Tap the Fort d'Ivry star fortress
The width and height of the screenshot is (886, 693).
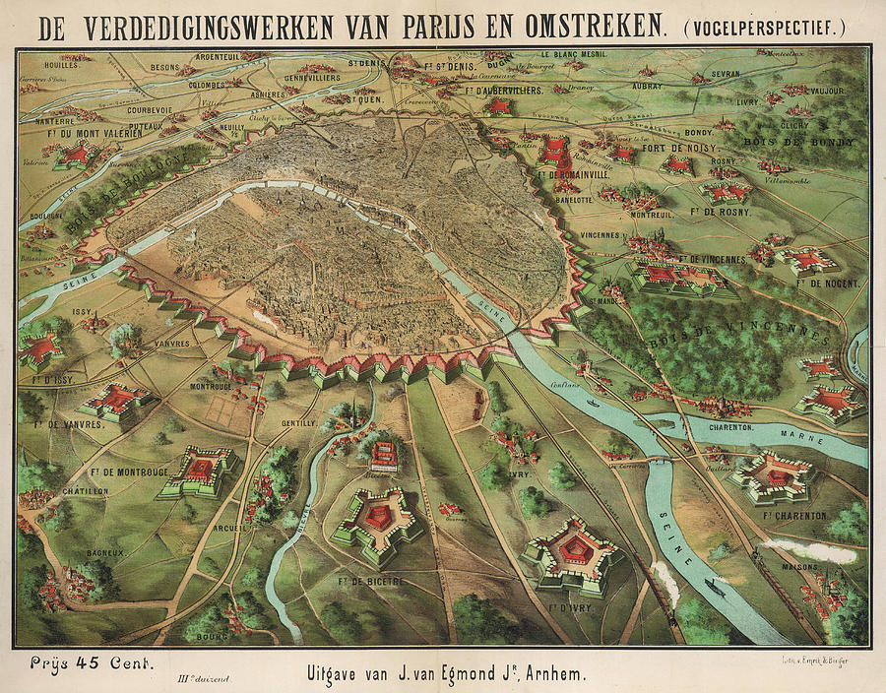572,554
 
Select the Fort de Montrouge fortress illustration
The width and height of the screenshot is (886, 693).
203,471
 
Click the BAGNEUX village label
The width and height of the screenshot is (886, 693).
84,554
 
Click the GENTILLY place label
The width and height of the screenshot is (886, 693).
299,421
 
